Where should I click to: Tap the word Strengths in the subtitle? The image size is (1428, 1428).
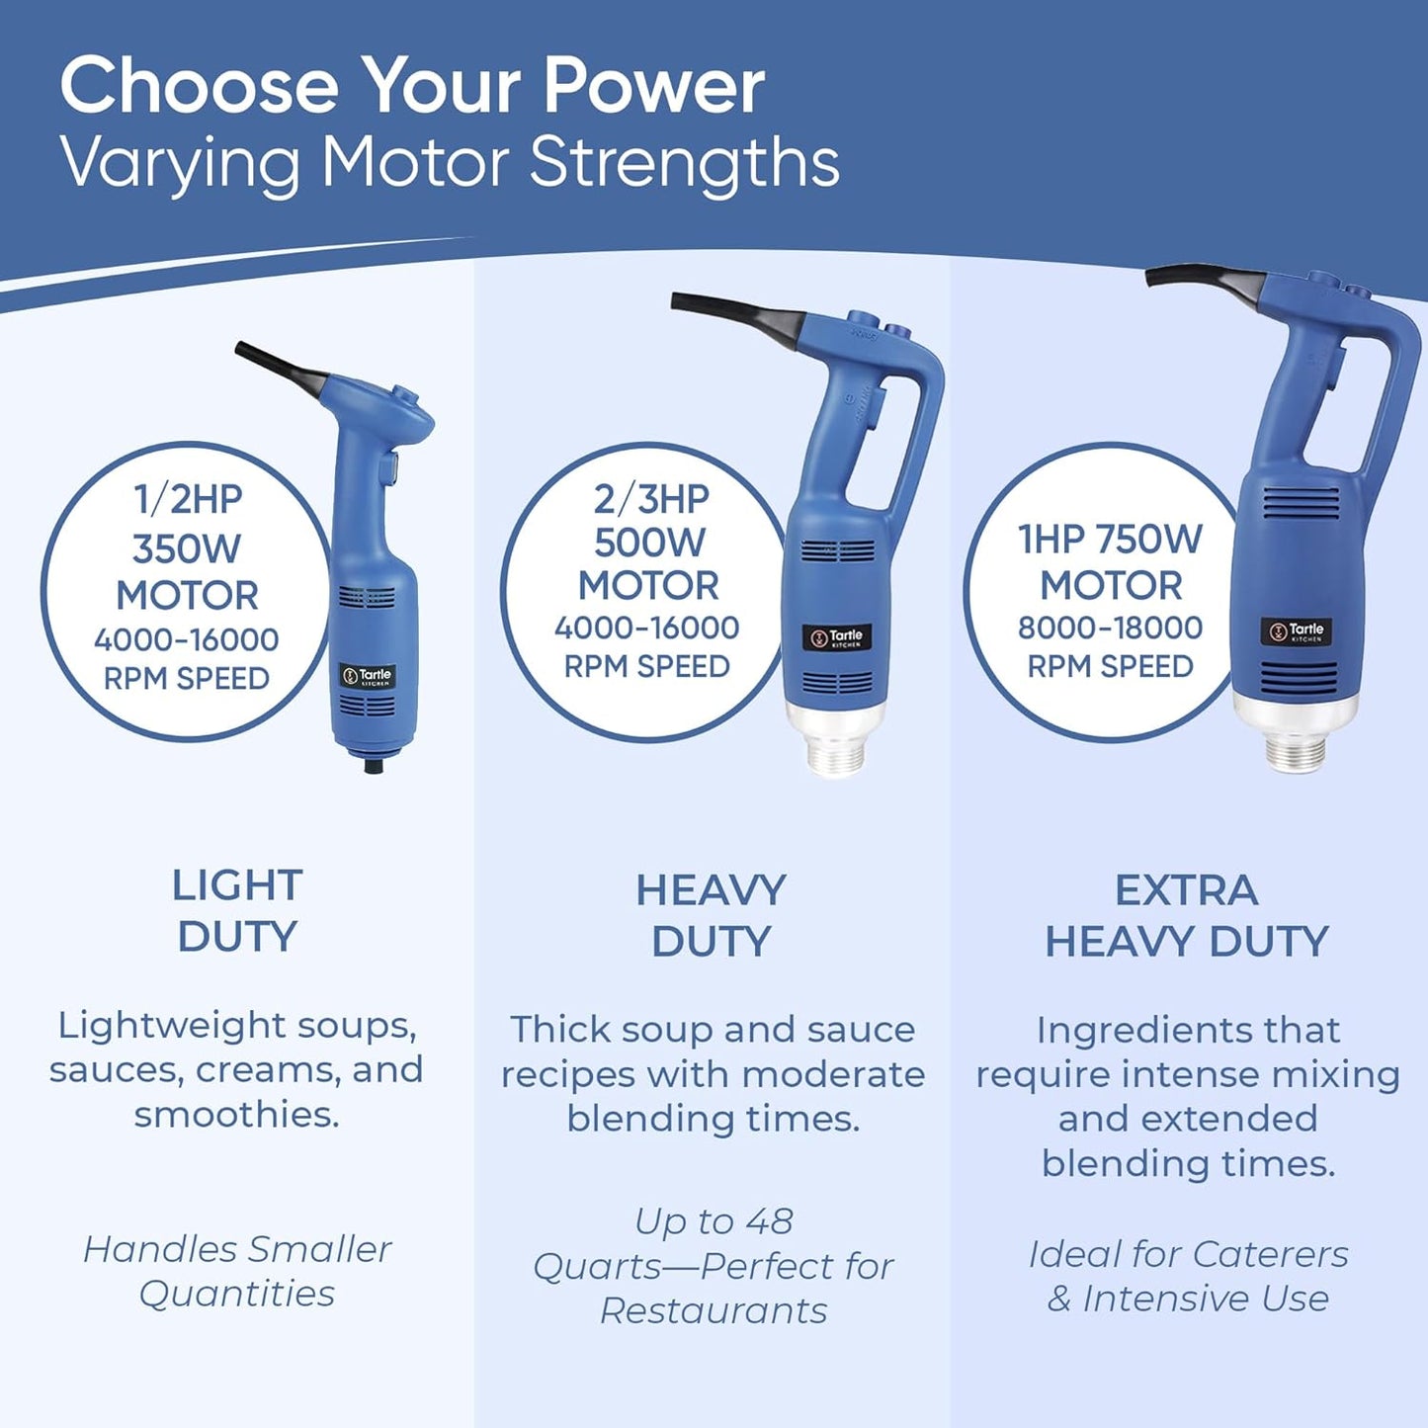684,163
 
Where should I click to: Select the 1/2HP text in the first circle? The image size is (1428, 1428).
188,499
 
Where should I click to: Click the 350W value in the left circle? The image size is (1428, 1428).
187,547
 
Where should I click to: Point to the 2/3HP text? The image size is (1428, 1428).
650,499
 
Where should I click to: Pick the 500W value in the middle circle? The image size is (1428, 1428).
649,543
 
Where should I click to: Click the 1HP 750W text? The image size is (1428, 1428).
1110,540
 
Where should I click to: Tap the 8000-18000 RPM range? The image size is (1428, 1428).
1110,628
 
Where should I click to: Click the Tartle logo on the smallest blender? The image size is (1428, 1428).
368,676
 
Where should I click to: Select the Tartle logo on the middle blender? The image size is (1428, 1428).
836,637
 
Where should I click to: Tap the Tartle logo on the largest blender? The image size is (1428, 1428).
1296,630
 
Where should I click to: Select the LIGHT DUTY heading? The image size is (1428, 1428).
237,910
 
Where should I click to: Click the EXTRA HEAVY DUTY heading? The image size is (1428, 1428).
1186,916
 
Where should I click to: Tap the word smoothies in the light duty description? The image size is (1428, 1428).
237,1115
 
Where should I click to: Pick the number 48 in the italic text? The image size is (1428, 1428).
769,1221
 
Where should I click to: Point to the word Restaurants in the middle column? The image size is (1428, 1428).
714,1310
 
